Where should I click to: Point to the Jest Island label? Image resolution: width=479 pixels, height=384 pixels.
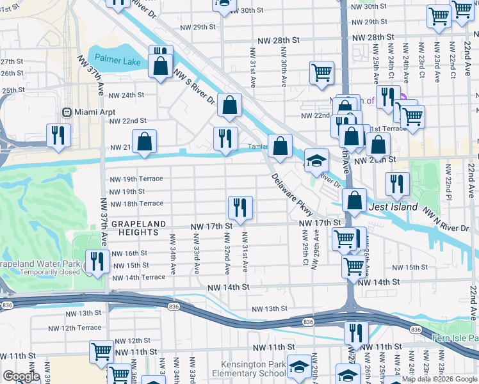click(393, 207)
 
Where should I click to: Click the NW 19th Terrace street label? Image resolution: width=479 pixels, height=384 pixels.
click(136, 179)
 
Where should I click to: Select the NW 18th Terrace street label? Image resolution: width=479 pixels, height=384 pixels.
click(136, 204)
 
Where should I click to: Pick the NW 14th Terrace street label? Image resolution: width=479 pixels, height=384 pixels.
click(138, 278)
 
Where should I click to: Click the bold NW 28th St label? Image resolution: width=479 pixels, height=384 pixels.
click(279, 40)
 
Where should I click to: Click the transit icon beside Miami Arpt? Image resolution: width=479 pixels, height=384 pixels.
click(65, 111)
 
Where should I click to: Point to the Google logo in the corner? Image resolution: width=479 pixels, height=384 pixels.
click(21, 376)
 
